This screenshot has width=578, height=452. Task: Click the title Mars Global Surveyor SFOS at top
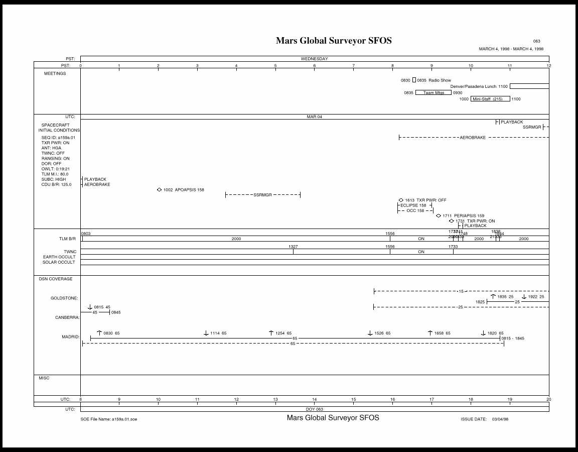pyautogui.click(x=334, y=41)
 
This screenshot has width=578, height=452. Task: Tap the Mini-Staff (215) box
pyautogui.click(x=490, y=99)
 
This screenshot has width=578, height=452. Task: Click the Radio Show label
pyautogui.click(x=440, y=80)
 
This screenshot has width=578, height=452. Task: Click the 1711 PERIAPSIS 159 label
pyautogui.click(x=463, y=216)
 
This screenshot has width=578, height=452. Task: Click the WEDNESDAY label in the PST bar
pyautogui.click(x=314, y=59)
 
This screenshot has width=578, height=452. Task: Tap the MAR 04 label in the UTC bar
pyautogui.click(x=314, y=117)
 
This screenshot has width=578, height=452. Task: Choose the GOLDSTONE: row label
pyautogui.click(x=64, y=298)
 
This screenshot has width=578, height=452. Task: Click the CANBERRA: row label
pyautogui.click(x=67, y=317)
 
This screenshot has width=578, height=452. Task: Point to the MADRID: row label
pyautogui.click(x=70, y=336)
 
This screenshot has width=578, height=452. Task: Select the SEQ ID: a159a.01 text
pyautogui.click(x=58, y=137)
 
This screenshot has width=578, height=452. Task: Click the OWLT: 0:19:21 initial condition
pyautogui.click(x=55, y=169)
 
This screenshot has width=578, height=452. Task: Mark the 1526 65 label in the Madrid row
pyautogui.click(x=382, y=333)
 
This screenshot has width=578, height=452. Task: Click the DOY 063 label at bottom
pyautogui.click(x=314, y=409)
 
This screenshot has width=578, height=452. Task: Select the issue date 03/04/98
pyautogui.click(x=500, y=419)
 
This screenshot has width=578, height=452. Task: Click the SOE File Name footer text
pyautogui.click(x=108, y=419)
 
